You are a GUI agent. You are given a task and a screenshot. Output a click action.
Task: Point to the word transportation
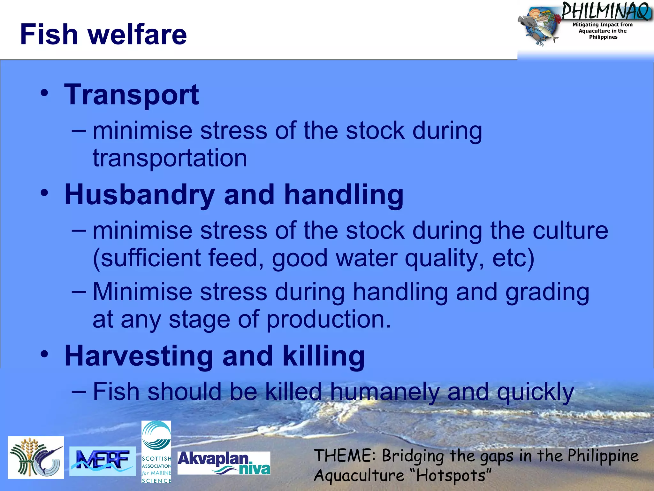[170, 158]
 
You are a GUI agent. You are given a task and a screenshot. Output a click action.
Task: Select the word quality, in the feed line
[444, 258]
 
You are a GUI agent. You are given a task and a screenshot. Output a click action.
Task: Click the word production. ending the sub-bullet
[329, 319]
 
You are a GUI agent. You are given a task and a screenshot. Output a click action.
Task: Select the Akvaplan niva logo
[224, 463]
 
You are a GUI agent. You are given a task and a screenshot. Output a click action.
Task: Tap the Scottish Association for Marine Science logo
[156, 452]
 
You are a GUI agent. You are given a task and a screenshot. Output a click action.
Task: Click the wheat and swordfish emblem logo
[36, 457]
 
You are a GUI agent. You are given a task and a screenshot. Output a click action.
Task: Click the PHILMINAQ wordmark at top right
[605, 11]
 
